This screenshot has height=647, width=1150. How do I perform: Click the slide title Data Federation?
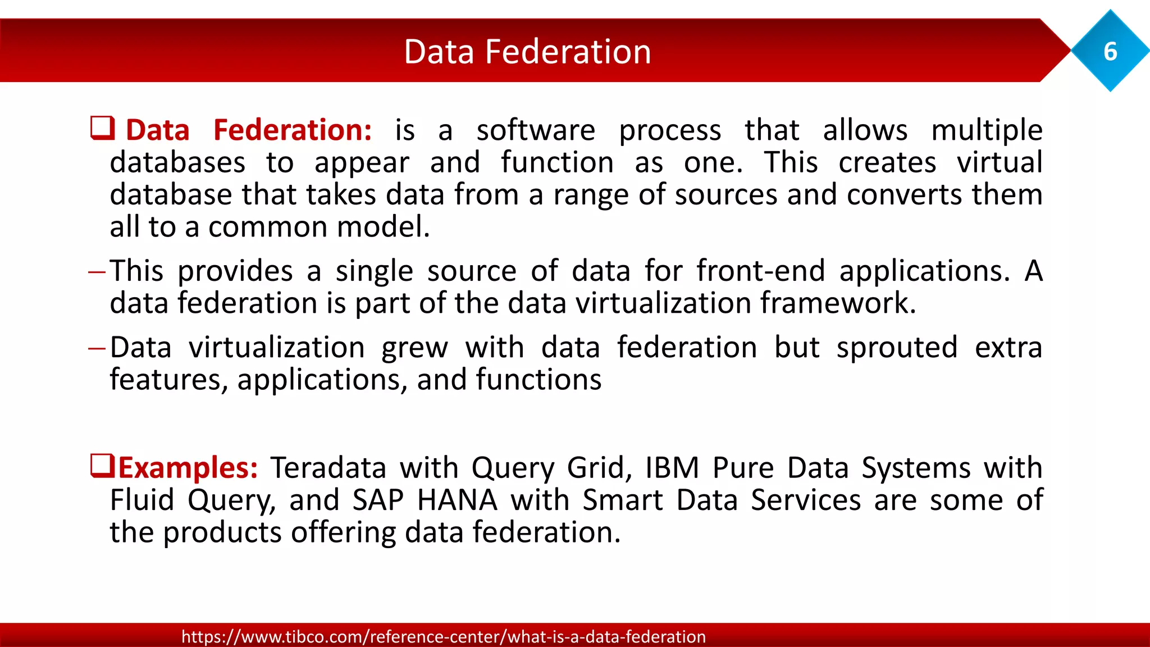click(x=527, y=52)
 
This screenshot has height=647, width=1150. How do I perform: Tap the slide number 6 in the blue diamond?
click(x=1110, y=52)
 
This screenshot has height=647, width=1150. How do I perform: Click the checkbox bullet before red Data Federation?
click(x=103, y=128)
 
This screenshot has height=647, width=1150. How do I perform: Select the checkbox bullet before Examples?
click(x=103, y=466)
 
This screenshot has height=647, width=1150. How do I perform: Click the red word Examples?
click(x=188, y=468)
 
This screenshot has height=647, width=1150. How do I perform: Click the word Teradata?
click(x=328, y=468)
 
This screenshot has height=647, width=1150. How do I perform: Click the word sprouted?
click(x=897, y=348)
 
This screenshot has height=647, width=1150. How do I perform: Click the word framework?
click(x=838, y=303)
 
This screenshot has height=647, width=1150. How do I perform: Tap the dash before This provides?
click(x=97, y=272)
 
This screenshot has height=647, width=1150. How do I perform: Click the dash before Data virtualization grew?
click(x=97, y=349)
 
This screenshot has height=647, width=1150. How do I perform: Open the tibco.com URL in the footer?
click(x=444, y=636)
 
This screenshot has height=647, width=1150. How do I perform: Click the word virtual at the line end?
click(x=1000, y=163)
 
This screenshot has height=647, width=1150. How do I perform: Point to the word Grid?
click(x=599, y=468)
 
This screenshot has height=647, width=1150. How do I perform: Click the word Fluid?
click(x=142, y=500)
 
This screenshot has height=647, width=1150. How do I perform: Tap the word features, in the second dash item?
click(x=168, y=380)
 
